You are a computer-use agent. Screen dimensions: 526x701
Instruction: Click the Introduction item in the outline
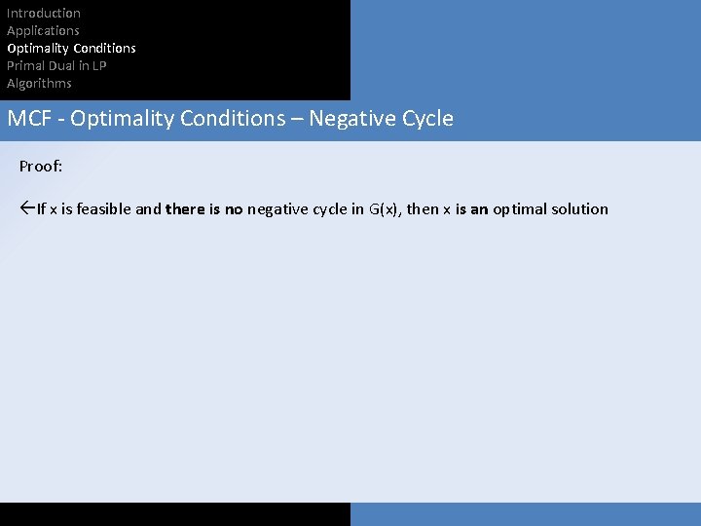pos(44,13)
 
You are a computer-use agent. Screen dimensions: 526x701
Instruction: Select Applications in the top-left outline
pos(43,30)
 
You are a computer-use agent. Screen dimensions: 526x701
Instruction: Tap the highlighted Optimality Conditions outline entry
pos(71,48)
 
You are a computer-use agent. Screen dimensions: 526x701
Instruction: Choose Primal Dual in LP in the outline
pos(56,65)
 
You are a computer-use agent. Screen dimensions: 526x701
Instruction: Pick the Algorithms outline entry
pos(39,83)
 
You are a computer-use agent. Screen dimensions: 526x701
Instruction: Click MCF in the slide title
pos(28,119)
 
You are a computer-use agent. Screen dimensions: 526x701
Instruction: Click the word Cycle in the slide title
pos(426,119)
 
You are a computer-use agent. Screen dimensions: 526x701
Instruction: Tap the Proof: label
pos(41,167)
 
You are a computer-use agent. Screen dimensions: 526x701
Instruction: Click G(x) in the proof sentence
pos(384,209)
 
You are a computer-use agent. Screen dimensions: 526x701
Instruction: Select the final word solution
pos(579,209)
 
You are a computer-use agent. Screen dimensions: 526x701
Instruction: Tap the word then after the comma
pos(423,209)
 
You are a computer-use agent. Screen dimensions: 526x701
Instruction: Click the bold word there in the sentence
pos(185,209)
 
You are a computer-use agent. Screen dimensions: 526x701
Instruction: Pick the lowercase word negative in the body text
pos(279,209)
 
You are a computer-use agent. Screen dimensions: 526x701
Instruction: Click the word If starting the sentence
pos(42,209)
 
